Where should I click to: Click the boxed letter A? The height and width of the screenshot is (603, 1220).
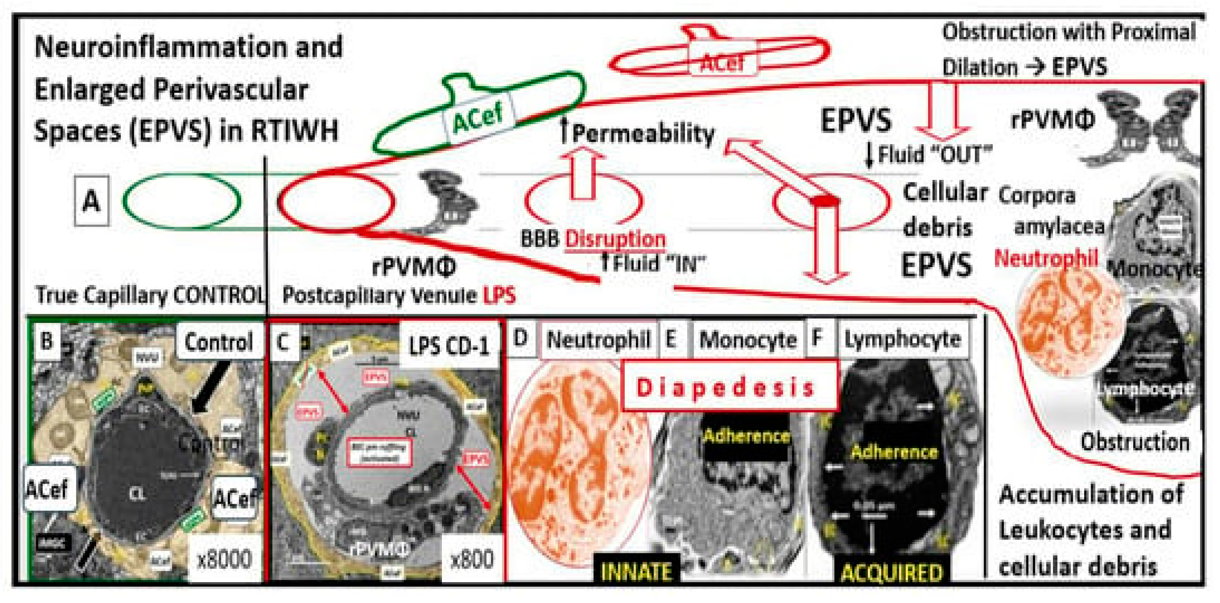pos(91,201)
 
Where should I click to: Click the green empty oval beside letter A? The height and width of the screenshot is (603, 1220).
pos(182,201)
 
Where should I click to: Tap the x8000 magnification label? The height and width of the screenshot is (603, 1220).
pos(224,559)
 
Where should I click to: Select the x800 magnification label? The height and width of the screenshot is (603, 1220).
pos(472,559)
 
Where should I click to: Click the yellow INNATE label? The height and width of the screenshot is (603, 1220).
pos(636,571)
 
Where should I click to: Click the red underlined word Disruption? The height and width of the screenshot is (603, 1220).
pos(615,238)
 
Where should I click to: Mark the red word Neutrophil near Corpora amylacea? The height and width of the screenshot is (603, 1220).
pos(1046,258)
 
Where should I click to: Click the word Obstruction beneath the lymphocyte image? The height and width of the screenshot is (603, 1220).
pos(1135,442)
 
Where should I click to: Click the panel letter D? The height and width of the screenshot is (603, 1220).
pos(520,338)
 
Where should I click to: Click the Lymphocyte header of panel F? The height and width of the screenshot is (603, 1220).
pos(903,339)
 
